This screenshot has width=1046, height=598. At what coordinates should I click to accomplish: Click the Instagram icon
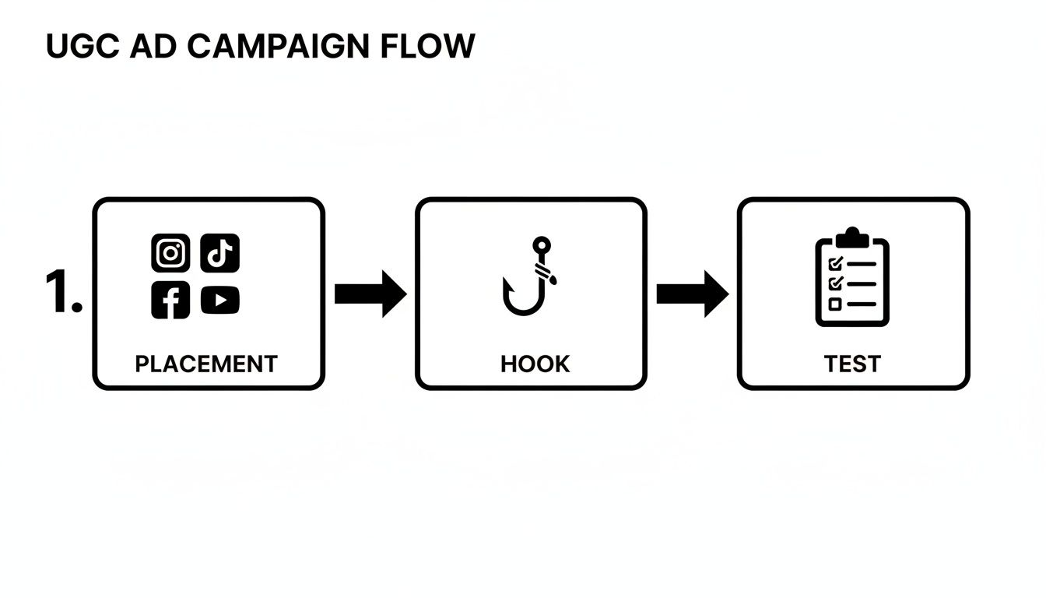coord(170,253)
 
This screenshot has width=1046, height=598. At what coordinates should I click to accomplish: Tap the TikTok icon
coord(220,253)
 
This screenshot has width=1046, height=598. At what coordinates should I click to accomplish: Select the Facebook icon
coord(170,300)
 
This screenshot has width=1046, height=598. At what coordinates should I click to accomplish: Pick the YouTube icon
coord(220,301)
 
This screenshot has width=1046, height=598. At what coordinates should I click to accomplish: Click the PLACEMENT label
coord(206,364)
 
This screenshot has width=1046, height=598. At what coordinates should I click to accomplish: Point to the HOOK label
coord(535,364)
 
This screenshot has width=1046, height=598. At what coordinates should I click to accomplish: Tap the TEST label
coord(852,364)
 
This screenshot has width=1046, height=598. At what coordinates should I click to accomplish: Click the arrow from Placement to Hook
coord(370,294)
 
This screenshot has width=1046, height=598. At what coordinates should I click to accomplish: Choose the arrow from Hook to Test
coord(692,294)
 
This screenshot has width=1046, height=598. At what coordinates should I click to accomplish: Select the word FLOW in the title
coord(427,47)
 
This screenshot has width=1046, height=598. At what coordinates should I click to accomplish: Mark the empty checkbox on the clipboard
coord(835,304)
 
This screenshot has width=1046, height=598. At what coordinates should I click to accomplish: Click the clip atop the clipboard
coord(852,235)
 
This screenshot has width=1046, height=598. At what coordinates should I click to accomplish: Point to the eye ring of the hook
coord(540,245)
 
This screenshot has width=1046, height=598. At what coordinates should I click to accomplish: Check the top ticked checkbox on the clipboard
coord(836,264)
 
